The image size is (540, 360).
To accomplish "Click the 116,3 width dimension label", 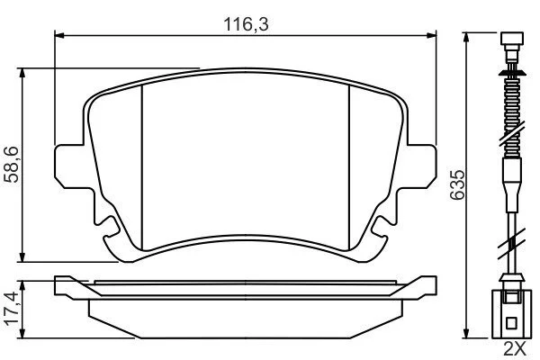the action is coord(246,24).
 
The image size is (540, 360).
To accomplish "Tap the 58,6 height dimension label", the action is coord(12,165).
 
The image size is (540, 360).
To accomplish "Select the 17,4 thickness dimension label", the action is coord(12,308).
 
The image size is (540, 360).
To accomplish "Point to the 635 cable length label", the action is coord(458,184).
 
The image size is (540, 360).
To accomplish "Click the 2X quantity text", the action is coord(515,349).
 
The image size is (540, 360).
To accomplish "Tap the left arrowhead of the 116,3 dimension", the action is coord(59,35).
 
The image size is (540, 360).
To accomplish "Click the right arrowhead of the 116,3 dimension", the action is coord(431,35).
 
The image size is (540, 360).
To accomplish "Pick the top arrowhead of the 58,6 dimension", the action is coord(22,73).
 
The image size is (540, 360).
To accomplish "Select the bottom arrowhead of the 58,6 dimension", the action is coord(22,257).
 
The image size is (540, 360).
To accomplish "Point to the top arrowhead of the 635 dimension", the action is coord(466,38).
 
